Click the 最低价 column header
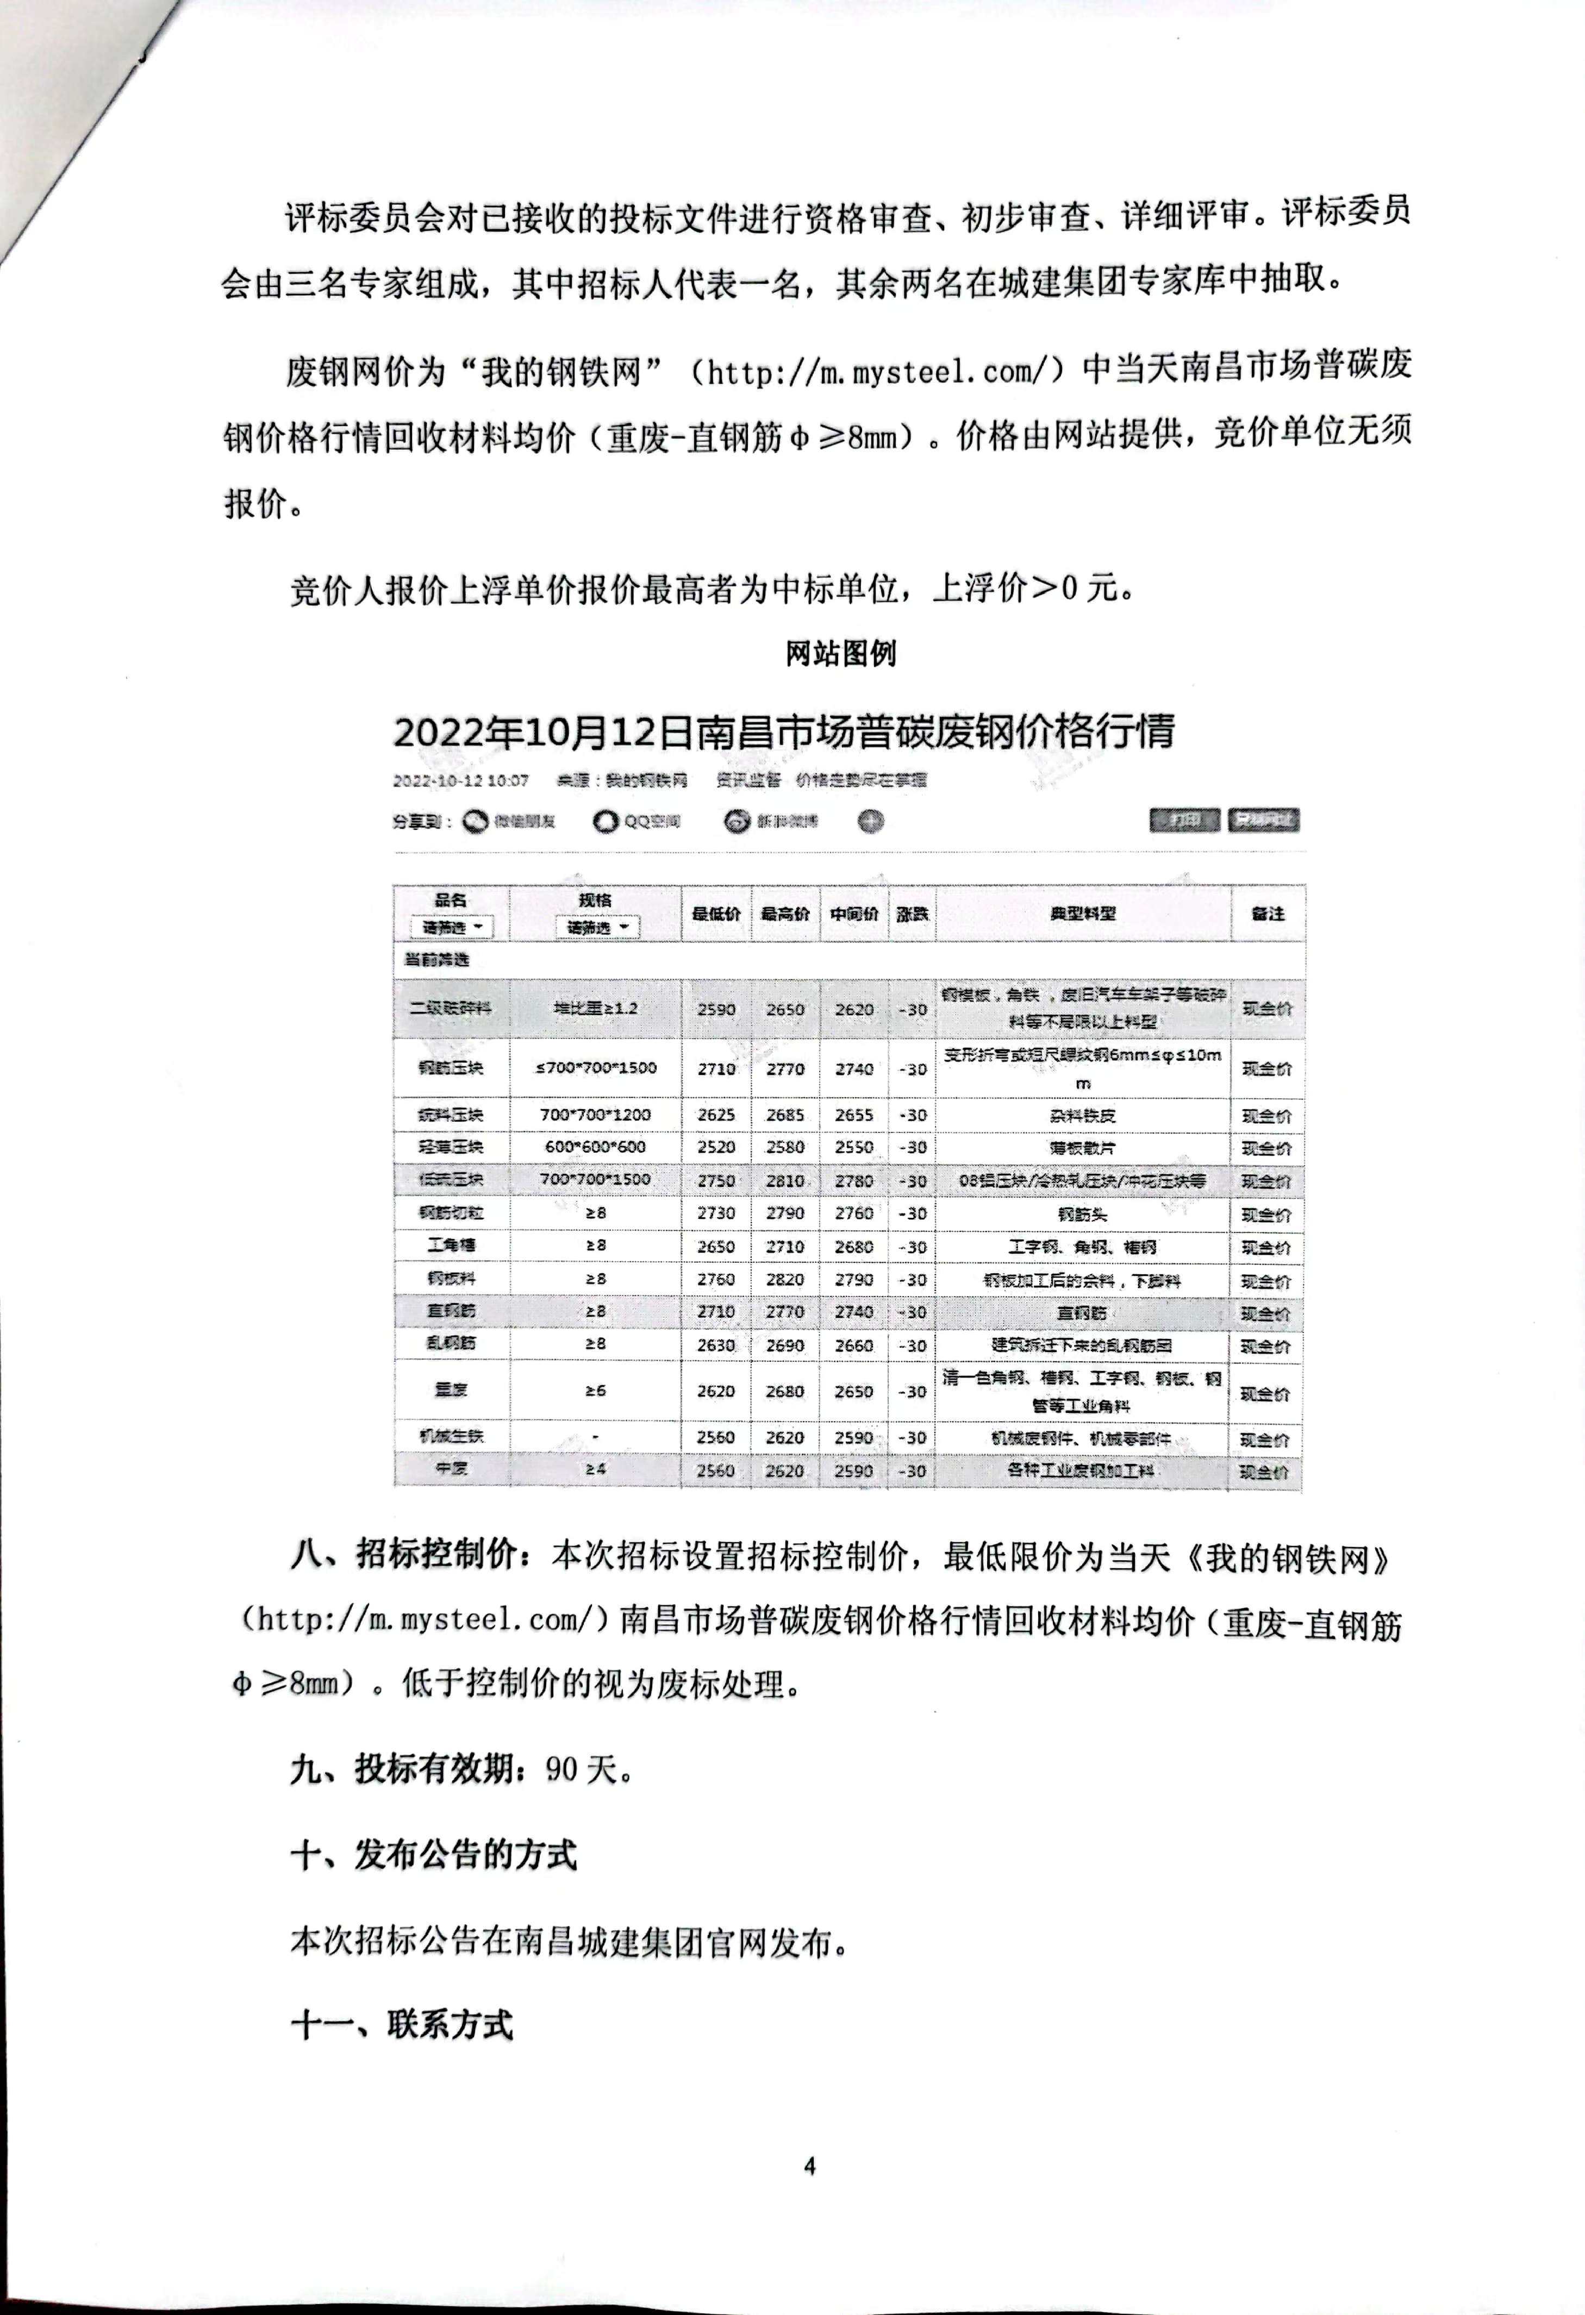[x=715, y=912]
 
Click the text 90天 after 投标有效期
[x=587, y=1769]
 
